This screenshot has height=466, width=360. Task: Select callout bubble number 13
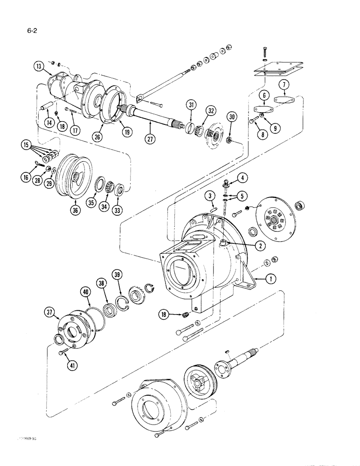[x=39, y=66]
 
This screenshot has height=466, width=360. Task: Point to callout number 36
[x=76, y=210]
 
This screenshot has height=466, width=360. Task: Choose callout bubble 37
[x=51, y=311]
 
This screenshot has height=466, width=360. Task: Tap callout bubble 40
[x=85, y=292]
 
